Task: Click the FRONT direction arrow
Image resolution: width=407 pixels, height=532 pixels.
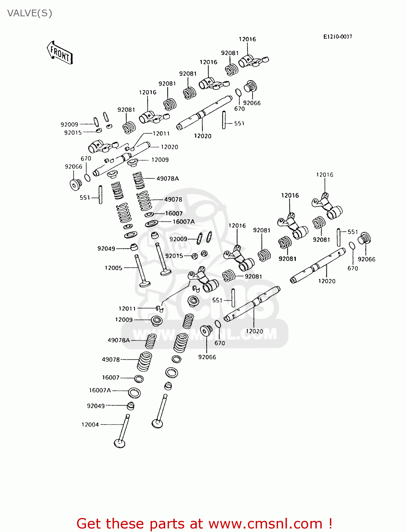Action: point(60,53)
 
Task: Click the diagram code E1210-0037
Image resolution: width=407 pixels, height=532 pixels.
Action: point(337,37)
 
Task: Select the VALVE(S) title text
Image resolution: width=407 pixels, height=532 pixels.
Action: point(30,13)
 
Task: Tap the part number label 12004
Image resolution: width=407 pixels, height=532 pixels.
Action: point(90,425)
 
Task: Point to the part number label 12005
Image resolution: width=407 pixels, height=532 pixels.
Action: point(113,268)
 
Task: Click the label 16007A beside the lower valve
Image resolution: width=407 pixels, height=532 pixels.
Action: point(100,390)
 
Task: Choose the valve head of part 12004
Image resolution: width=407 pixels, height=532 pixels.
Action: point(120,443)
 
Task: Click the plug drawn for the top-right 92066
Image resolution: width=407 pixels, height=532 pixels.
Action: point(250,86)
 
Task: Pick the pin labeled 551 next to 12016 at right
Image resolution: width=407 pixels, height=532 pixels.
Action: point(339,237)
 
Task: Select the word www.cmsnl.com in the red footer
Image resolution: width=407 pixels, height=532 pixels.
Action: point(265,524)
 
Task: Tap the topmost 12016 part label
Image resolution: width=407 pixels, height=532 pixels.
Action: point(247,39)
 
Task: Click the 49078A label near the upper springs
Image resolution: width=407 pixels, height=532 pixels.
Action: point(168,178)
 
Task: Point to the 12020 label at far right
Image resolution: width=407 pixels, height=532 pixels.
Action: point(327,281)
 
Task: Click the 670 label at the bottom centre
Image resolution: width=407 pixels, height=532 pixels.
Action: point(219,343)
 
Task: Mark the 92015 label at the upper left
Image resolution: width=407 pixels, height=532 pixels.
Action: point(73,133)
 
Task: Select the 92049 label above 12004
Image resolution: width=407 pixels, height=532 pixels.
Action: point(96,406)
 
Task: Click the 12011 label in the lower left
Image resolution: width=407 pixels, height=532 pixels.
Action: point(127,309)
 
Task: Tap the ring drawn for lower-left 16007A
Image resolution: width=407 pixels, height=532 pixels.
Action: point(134,393)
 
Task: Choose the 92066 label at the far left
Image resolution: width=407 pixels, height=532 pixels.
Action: point(74,166)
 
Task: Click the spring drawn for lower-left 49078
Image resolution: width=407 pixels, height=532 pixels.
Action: point(145,361)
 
